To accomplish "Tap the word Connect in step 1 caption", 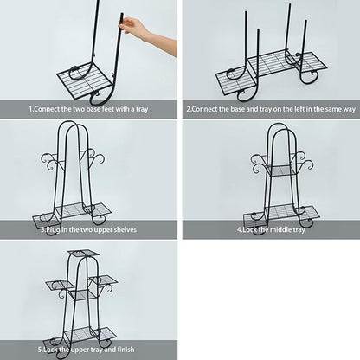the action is pos(47,109).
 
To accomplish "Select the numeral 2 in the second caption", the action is pos(189,109).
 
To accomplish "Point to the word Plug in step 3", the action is pos(53,230).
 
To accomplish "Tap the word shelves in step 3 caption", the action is pos(125,229).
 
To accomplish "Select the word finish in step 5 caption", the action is pos(125,350).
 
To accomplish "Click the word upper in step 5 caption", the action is pos(80,350).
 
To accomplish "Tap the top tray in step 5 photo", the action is pos(84,253).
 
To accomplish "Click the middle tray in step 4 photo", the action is pos(281,170).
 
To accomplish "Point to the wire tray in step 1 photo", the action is pos(84,80).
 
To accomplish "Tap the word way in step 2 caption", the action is pos(349,110).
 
